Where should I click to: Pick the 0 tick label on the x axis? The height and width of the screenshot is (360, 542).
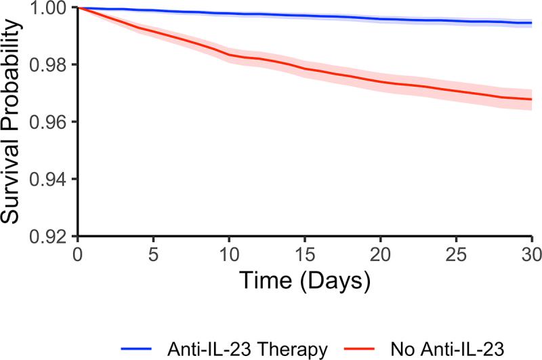point(79,252)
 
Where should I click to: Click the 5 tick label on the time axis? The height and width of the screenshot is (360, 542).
point(154,252)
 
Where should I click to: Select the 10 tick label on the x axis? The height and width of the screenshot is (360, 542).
point(230,252)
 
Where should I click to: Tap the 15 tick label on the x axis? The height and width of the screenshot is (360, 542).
point(306,252)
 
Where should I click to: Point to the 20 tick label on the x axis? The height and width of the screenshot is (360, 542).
point(381,252)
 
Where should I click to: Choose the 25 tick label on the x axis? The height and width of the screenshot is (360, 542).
point(457,252)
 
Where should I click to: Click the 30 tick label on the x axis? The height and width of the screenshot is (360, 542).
point(531,252)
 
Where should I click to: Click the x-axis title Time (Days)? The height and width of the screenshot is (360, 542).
point(305,279)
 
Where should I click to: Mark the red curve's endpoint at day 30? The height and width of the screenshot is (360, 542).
point(532,100)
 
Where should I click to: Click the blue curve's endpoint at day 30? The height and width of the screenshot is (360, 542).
point(532,23)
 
